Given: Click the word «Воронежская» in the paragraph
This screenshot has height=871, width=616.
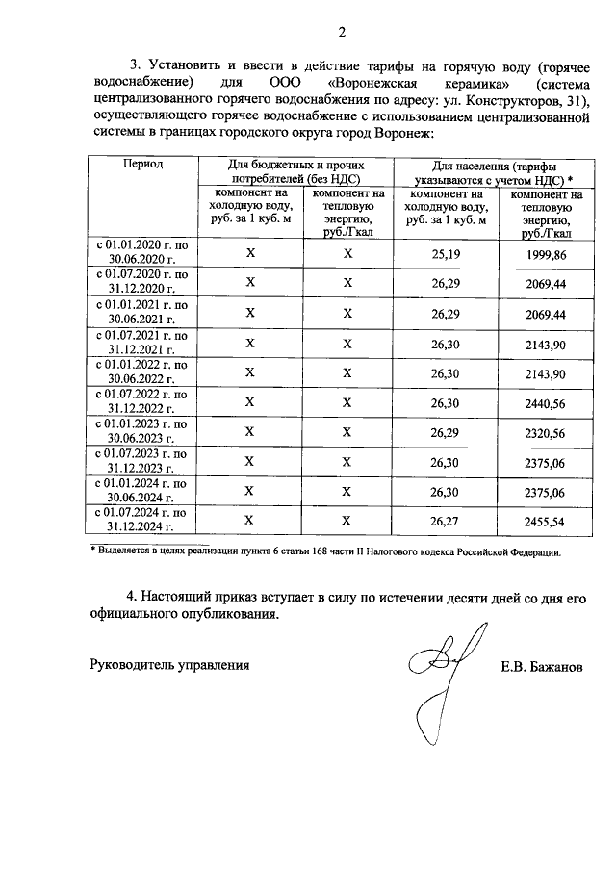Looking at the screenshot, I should tap(372, 82).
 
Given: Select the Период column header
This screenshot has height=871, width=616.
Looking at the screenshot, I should tap(142, 166).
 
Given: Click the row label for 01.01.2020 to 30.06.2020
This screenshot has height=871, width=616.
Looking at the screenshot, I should tap(142, 253).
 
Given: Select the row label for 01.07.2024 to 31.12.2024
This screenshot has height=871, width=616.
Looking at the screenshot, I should tap(142, 521).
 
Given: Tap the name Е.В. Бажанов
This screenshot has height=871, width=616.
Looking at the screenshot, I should tap(542, 665).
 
